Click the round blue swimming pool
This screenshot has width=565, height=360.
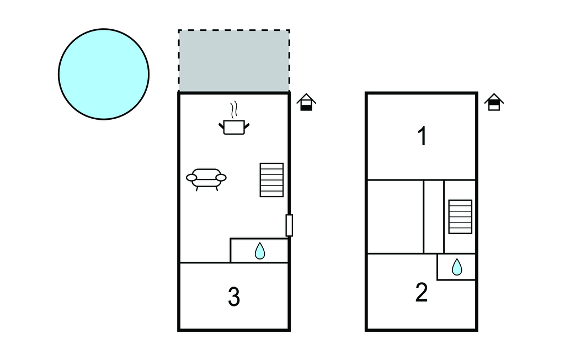(x=104, y=74)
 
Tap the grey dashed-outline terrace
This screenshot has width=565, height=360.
(x=234, y=61)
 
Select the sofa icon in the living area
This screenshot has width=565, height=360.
(x=206, y=178)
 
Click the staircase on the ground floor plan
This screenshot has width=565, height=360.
(x=272, y=179)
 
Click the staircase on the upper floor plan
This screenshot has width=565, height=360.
(x=460, y=216)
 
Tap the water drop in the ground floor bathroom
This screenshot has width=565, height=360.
(x=260, y=252)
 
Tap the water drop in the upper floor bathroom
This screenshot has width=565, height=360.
(x=457, y=267)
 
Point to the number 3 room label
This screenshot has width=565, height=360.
(x=234, y=298)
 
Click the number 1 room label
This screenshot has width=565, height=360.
(x=422, y=136)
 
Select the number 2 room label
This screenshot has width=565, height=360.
(x=422, y=293)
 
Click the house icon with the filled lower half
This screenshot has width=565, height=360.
(x=306, y=103)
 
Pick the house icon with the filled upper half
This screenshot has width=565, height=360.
(x=494, y=103)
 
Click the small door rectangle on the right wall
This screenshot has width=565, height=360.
(x=289, y=225)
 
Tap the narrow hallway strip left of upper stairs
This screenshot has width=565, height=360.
(x=434, y=216)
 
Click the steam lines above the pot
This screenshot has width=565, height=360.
(x=235, y=109)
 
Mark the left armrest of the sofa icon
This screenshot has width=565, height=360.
(x=191, y=177)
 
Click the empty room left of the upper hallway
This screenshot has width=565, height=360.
(x=395, y=216)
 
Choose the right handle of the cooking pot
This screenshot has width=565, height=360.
(x=247, y=126)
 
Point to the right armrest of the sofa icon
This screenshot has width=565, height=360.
(x=221, y=177)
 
